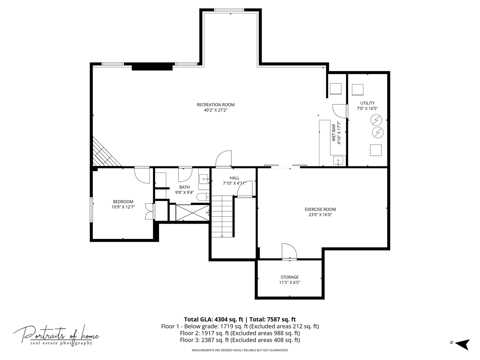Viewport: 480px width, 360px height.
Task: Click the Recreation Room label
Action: (215, 105)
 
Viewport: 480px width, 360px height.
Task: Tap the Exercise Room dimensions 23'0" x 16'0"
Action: (320, 215)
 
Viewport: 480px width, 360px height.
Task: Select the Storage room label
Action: (289, 277)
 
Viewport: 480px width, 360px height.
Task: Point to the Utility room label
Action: (367, 103)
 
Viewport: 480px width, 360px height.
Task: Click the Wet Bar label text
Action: (334, 133)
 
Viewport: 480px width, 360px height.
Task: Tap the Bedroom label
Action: (123, 202)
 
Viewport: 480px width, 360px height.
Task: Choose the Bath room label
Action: (184, 187)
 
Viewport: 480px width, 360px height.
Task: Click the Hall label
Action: (234, 178)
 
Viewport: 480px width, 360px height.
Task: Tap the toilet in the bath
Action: (202, 197)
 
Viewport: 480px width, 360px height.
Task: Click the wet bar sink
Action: (338, 161)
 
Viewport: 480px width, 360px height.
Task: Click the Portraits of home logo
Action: (56, 335)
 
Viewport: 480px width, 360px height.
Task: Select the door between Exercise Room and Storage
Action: (289, 251)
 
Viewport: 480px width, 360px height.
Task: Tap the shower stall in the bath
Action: (192, 213)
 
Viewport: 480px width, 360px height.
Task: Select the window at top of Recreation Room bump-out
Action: (229, 10)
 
